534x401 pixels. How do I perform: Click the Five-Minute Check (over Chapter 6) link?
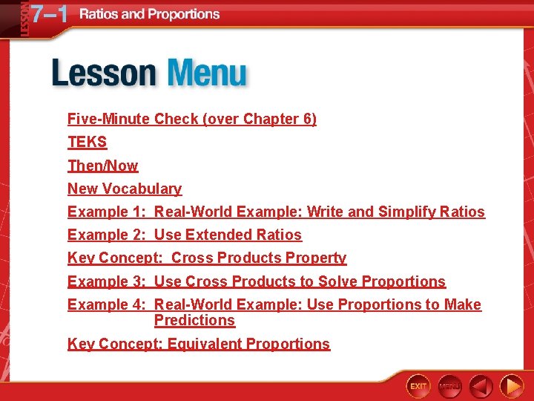pyautogui.click(x=191, y=119)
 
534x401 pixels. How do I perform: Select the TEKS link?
pyautogui.click(x=87, y=142)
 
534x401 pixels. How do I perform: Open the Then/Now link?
pyautogui.click(x=102, y=166)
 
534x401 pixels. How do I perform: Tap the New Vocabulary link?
pyautogui.click(x=124, y=189)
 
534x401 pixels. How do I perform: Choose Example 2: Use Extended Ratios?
pyautogui.click(x=184, y=235)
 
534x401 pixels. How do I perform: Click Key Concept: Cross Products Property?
pyautogui.click(x=206, y=258)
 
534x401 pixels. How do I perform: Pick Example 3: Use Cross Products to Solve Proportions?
pyautogui.click(x=256, y=281)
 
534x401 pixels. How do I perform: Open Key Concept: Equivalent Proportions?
pyautogui.click(x=198, y=344)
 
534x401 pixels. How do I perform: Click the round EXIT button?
pyautogui.click(x=418, y=385)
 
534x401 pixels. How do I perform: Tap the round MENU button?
pyautogui.click(x=449, y=385)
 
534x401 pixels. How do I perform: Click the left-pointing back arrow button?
pyautogui.click(x=481, y=385)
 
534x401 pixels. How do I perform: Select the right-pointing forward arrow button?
pyautogui.click(x=511, y=385)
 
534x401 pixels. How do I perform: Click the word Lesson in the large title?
pyautogui.click(x=104, y=74)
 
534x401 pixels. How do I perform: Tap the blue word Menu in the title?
pyautogui.click(x=207, y=74)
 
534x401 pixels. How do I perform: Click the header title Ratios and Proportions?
pyautogui.click(x=149, y=14)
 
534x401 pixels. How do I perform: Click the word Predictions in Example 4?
pyautogui.click(x=194, y=320)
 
